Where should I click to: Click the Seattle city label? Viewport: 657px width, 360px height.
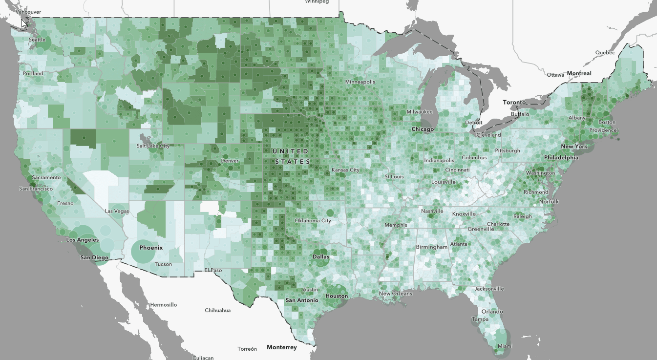37,40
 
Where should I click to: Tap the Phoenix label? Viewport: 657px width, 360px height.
150,248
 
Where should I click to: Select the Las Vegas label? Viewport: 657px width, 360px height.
117,211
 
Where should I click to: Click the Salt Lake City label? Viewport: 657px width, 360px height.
153,146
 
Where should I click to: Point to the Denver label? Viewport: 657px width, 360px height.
230,161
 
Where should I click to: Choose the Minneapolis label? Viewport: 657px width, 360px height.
360,82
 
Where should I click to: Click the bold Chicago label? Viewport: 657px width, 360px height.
423,129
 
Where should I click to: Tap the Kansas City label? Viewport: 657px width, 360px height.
345,170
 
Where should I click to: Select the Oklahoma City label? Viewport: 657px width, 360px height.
313,221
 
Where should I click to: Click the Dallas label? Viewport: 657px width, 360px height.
321,256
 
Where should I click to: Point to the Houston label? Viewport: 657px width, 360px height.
337,296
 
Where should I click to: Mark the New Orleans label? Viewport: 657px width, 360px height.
396,294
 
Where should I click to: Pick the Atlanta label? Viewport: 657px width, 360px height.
459,244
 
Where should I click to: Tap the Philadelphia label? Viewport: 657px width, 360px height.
561,158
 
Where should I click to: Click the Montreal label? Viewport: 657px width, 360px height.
579,73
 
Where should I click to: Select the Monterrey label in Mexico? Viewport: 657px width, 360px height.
281,347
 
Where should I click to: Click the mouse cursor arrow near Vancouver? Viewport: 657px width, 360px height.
23,22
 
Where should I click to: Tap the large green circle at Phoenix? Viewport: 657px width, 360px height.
145,251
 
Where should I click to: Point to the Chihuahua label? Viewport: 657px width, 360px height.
217,310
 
